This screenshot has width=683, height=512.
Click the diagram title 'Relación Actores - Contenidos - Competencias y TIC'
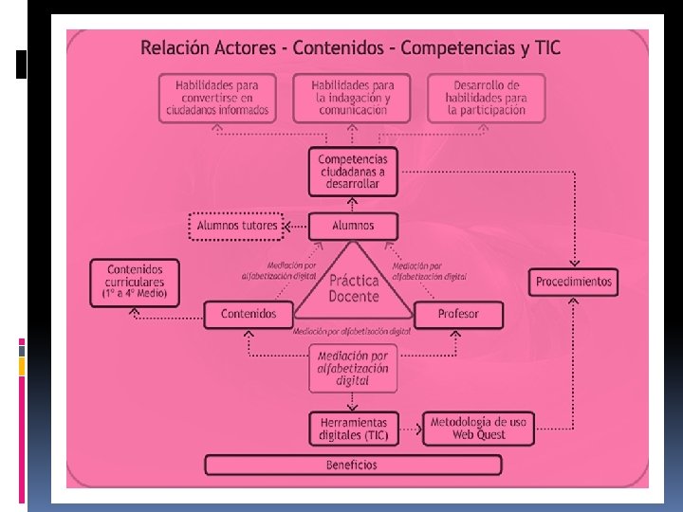(350, 47)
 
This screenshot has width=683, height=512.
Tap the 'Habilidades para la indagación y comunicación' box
(351, 98)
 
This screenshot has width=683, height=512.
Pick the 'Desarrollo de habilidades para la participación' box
(486, 98)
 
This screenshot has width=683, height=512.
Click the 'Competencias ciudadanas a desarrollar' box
(352, 172)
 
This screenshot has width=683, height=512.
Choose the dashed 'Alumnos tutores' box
(237, 226)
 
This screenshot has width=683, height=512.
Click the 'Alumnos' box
(353, 226)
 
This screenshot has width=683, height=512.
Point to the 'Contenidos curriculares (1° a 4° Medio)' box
(135, 283)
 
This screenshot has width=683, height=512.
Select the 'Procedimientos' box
(574, 282)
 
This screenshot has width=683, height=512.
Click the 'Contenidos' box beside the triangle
(248, 314)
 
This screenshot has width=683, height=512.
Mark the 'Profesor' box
(458, 314)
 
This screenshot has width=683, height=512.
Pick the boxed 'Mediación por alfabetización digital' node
(352, 368)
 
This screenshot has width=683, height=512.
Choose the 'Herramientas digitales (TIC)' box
(352, 429)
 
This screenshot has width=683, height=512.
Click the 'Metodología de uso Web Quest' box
(480, 429)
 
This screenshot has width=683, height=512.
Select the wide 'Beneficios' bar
(353, 466)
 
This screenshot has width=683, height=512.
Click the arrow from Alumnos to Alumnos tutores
(295, 227)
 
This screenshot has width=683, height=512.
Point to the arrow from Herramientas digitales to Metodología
(410, 430)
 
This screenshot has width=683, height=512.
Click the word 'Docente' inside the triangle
(353, 297)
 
